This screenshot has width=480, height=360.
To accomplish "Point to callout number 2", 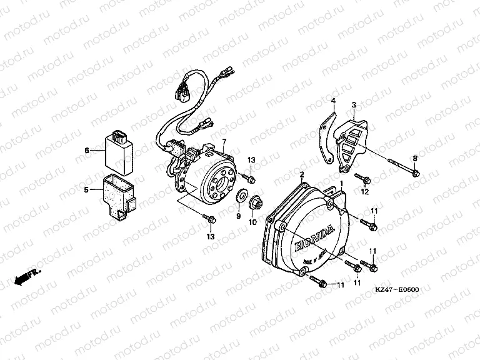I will click(x=302, y=157).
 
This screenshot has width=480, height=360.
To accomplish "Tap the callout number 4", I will click(x=333, y=101).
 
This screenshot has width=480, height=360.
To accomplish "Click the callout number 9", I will click(x=238, y=216).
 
